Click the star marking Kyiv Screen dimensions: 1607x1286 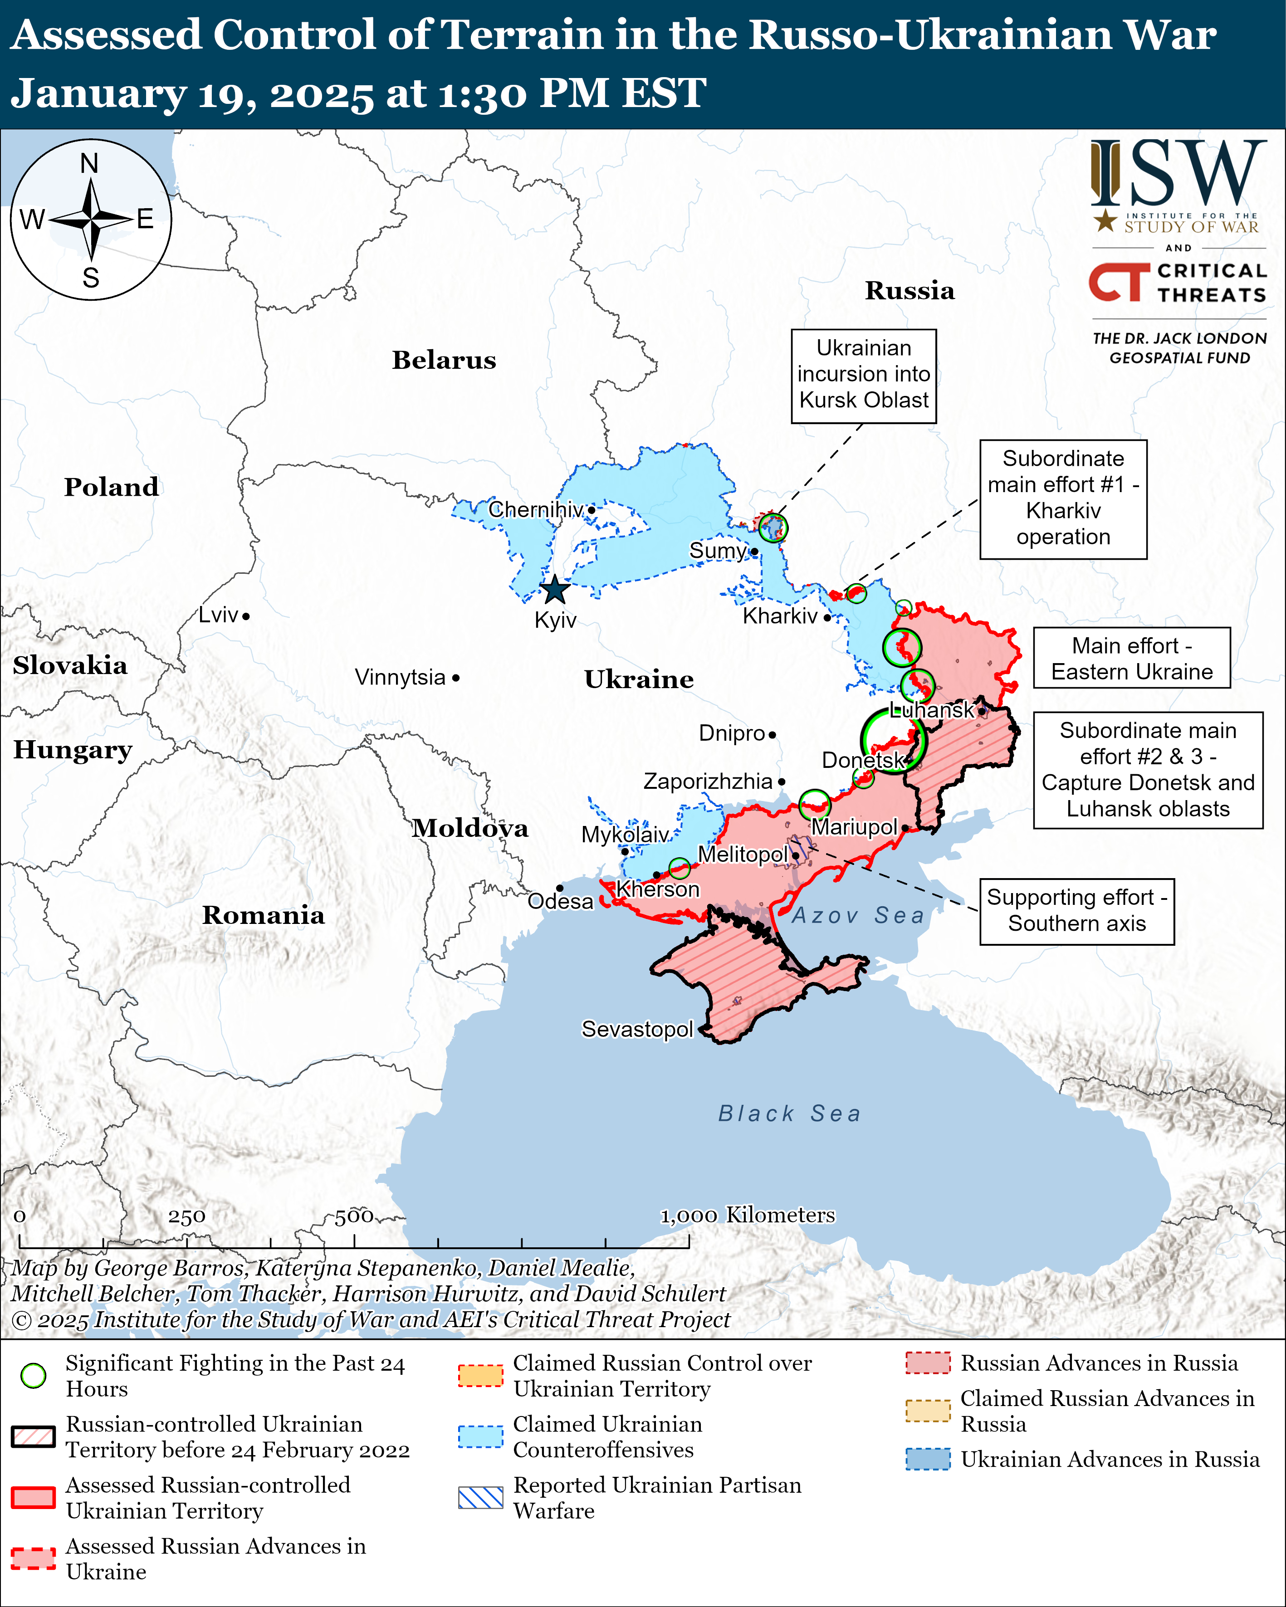(x=555, y=591)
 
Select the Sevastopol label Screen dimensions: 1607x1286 (x=637, y=1029)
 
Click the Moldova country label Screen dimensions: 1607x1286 (x=470, y=828)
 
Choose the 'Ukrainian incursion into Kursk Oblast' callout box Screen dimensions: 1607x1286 (x=863, y=375)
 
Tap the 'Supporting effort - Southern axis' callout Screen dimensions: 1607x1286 (x=1076, y=911)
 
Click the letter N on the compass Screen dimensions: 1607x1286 (x=89, y=163)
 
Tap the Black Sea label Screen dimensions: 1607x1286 (x=789, y=1114)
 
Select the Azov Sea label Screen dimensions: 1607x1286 (x=857, y=915)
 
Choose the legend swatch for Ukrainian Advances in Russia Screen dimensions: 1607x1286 (x=927, y=1459)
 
